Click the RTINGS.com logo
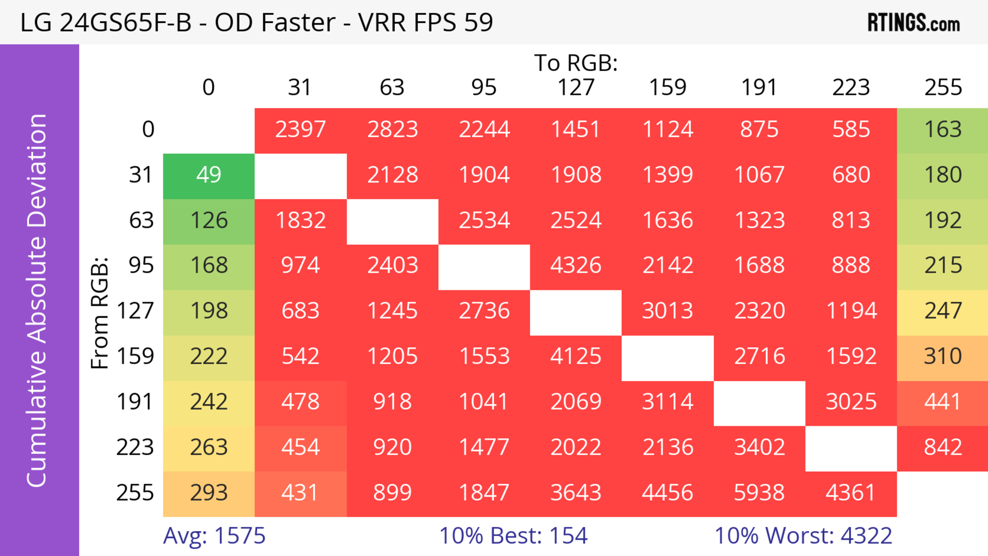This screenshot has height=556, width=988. pos(914,23)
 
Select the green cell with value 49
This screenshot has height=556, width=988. pos(209,175)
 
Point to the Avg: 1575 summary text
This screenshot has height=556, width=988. pos(214,536)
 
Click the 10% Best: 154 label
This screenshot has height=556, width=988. pos(513,536)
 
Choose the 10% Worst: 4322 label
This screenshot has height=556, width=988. pos(803,536)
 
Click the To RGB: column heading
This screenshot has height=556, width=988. pos(576,63)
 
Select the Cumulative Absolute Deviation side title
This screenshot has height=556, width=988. pos(37,300)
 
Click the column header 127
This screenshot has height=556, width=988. pos(576,87)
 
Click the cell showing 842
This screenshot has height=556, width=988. pos(943,447)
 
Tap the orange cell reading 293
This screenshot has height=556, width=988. pos(209,493)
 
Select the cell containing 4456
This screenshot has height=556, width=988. pos(667,493)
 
